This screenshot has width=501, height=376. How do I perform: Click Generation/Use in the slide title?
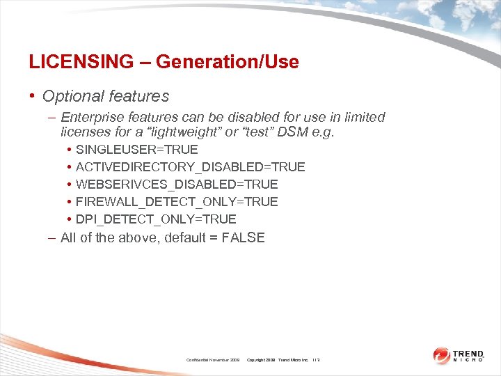[228, 62]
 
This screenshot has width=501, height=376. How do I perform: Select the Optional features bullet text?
[106, 96]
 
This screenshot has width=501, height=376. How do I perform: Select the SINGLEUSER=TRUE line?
[137, 150]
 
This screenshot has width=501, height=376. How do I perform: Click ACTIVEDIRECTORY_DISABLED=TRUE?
[190, 167]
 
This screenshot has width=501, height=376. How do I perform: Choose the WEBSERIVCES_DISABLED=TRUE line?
[177, 185]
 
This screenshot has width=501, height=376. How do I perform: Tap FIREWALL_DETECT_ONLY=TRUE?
[177, 202]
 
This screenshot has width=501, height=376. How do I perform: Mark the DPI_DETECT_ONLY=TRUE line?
[156, 219]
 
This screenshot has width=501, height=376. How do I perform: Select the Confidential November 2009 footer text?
[213, 360]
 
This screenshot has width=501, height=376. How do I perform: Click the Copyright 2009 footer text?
[262, 360]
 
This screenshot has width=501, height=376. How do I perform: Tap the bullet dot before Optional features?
[33, 96]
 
